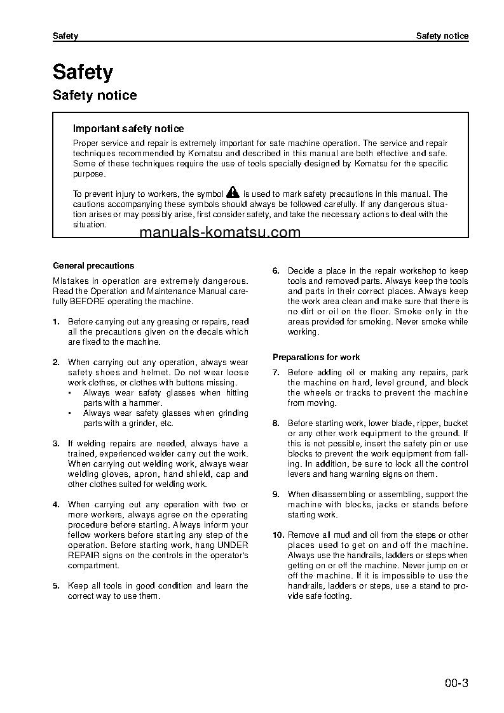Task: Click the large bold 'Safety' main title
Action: pyautogui.click(x=83, y=72)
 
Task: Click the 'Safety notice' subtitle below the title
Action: pyautogui.click(x=95, y=96)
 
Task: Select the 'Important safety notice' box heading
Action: pyautogui.click(x=128, y=129)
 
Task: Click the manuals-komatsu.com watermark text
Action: pyautogui.click(x=219, y=232)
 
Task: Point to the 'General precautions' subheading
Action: pyautogui.click(x=93, y=266)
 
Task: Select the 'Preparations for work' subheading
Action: pyautogui.click(x=316, y=357)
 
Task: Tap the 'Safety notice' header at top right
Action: pyautogui.click(x=442, y=36)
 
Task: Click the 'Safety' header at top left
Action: pyautogui.click(x=65, y=36)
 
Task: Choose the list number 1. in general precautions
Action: pyautogui.click(x=56, y=322)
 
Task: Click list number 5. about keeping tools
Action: pyautogui.click(x=56, y=586)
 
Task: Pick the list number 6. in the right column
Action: pyautogui.click(x=276, y=271)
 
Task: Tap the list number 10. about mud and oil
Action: pyautogui.click(x=278, y=535)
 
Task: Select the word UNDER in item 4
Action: pyautogui.click(x=233, y=545)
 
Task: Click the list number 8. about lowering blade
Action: pyautogui.click(x=276, y=423)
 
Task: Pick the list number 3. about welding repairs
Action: pyautogui.click(x=56, y=444)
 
